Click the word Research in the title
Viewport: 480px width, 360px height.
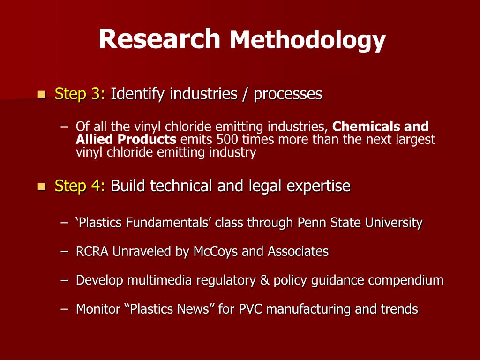click(159, 39)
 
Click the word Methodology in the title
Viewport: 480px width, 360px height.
click(307, 40)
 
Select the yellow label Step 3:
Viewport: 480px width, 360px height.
click(80, 94)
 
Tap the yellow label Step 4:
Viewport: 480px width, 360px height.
click(80, 186)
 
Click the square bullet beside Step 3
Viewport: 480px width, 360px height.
click(42, 95)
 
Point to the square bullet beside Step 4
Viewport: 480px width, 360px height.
click(42, 187)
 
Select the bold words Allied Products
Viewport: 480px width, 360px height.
click(126, 139)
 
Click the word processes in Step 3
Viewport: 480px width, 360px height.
click(288, 94)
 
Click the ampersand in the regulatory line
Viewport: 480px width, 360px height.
click(265, 280)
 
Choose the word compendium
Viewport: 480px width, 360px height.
click(405, 280)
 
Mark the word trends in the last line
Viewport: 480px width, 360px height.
click(398, 309)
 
